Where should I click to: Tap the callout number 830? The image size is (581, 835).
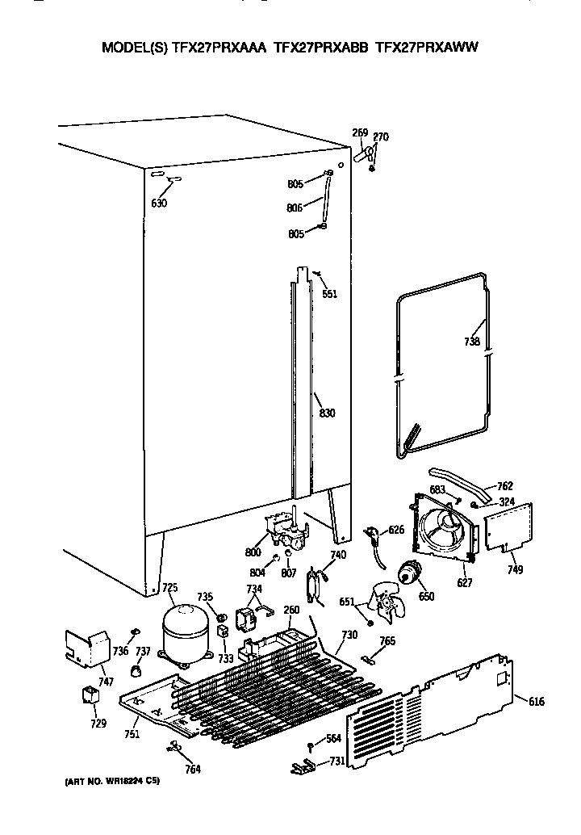[x=327, y=413]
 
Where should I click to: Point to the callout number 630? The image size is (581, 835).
[x=159, y=204]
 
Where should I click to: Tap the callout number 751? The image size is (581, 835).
[x=132, y=734]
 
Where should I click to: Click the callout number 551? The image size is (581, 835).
[x=329, y=293]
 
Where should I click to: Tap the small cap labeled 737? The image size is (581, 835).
[x=137, y=669]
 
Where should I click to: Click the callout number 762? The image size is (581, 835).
[x=504, y=486]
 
